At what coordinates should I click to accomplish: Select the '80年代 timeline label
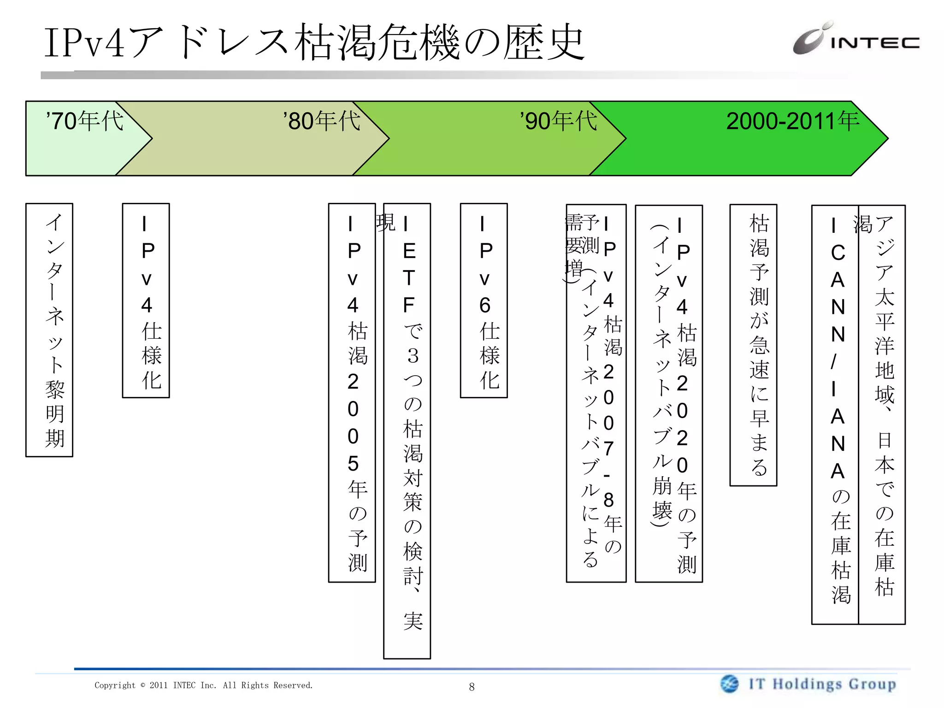point(322,121)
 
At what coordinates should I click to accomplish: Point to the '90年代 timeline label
point(559,121)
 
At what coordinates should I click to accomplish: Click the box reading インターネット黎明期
point(49,330)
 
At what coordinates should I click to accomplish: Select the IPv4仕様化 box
point(146,301)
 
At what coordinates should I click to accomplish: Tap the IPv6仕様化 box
point(484,301)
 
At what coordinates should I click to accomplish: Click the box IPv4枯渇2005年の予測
point(352,393)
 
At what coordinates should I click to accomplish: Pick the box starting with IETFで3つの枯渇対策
point(407,431)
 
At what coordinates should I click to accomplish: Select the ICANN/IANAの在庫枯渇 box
point(835,415)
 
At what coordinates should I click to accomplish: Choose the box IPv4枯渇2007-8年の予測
point(596,394)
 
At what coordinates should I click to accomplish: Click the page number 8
point(472,687)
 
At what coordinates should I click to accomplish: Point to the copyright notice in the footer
point(204,685)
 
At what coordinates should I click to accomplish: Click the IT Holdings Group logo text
point(822,684)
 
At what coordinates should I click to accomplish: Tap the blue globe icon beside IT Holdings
point(729,684)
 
